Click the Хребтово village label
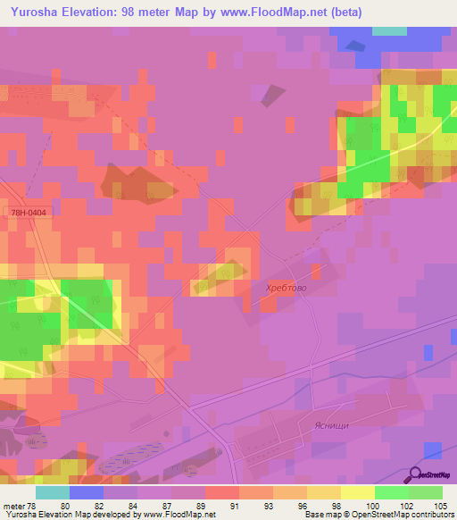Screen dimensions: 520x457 285,287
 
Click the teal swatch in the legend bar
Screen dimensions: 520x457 53,492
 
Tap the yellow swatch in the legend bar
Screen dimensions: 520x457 358,492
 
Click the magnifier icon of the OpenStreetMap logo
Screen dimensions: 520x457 414,474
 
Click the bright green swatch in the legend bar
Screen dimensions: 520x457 392,492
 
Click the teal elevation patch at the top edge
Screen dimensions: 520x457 388,30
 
